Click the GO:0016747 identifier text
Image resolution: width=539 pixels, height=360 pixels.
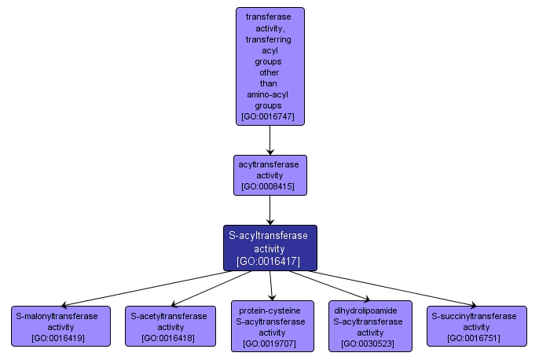269,116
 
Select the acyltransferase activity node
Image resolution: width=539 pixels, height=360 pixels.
269,175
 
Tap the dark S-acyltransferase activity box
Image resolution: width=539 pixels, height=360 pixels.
269,248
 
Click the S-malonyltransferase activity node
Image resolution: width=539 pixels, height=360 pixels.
60,326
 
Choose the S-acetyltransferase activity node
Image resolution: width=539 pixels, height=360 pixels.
170,326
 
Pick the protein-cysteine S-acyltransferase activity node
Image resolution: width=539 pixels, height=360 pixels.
272,325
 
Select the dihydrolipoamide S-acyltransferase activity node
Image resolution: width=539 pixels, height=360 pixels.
369,325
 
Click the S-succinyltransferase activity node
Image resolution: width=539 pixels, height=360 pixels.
476,326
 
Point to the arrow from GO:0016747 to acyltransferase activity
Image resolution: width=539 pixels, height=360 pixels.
269,140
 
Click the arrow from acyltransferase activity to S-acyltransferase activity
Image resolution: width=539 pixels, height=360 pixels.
269,210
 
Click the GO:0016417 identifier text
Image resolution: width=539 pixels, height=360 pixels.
269,261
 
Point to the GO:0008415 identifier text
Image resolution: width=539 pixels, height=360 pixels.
269,187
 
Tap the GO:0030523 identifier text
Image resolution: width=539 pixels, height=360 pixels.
369,343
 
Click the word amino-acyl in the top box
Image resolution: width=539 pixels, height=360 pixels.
269,94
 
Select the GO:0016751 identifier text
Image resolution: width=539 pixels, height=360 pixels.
476,338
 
